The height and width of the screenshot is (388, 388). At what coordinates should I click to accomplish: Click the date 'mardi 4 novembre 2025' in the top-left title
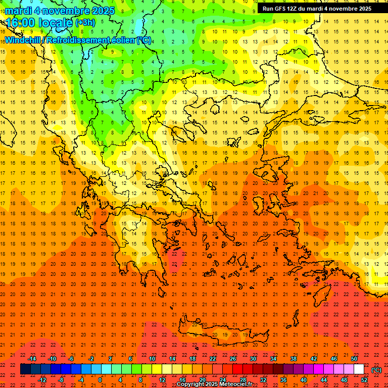click(x=60, y=11)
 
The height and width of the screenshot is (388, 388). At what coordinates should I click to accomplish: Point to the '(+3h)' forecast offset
click(x=84, y=23)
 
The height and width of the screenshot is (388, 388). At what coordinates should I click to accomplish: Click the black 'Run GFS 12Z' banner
click(x=317, y=9)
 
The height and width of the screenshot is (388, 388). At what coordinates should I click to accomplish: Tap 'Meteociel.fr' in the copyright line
click(x=235, y=384)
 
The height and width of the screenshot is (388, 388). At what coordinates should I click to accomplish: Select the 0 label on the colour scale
click(x=100, y=380)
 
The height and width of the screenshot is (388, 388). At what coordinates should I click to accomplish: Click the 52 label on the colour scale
click(x=364, y=380)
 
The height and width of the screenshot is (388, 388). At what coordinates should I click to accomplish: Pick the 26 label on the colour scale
click(x=233, y=359)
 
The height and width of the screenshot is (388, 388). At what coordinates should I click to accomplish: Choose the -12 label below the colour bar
click(x=42, y=380)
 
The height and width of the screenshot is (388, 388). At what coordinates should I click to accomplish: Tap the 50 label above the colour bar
click(x=354, y=359)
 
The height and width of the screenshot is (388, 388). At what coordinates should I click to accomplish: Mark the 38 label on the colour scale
click(x=294, y=359)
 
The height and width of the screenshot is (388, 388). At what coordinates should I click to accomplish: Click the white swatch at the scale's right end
click(x=359, y=369)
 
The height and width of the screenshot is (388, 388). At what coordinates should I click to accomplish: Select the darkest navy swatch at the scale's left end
click(x=25, y=369)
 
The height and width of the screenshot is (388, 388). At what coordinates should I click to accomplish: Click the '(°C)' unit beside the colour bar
click(x=376, y=370)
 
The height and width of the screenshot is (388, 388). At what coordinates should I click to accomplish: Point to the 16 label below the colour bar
click(x=182, y=380)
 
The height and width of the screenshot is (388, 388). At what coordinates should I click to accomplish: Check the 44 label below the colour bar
click(x=324, y=380)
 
